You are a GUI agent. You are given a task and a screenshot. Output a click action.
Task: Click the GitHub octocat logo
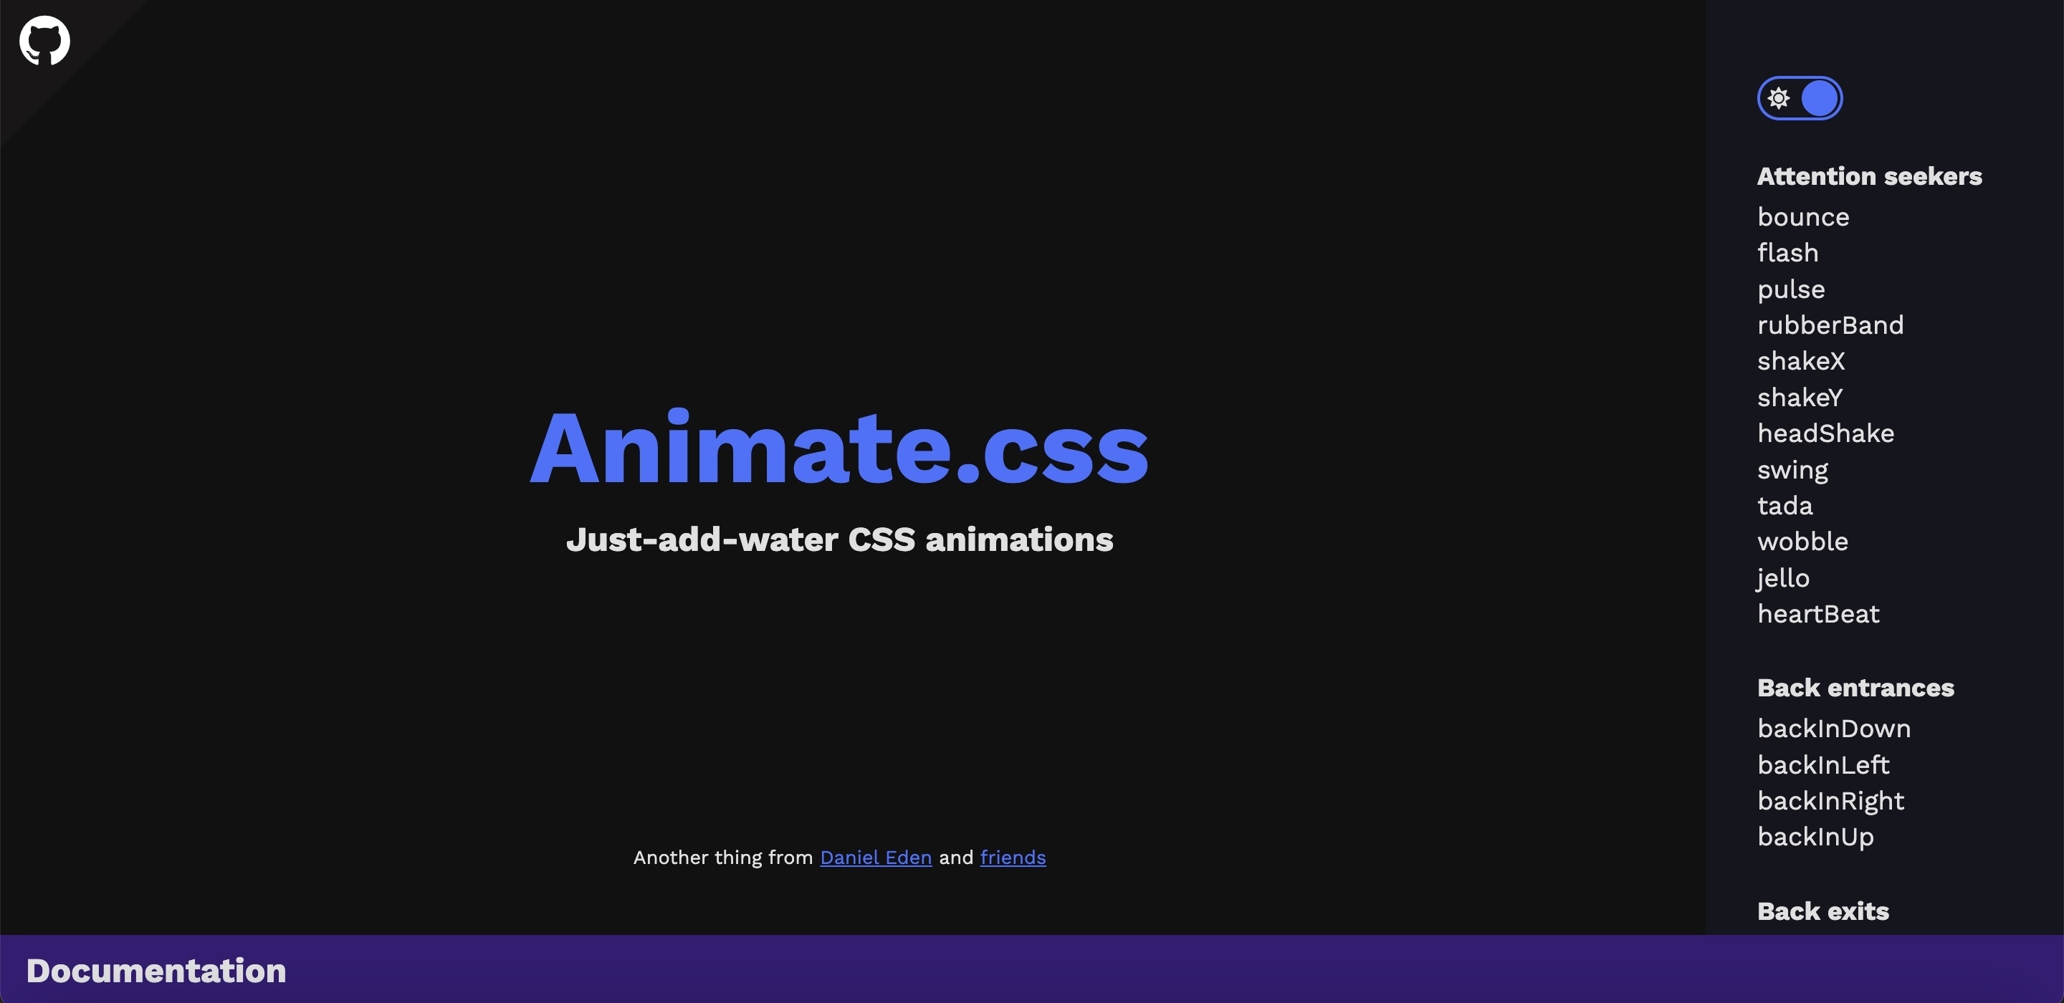(45, 40)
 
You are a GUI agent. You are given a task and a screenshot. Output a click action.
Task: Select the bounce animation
(1803, 217)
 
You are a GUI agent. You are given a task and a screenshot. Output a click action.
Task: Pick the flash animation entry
(1787, 252)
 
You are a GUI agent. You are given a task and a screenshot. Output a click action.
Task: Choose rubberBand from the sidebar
(1830, 325)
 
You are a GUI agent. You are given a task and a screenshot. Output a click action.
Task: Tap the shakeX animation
(1800, 360)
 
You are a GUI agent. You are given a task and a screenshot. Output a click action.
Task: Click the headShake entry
(1825, 433)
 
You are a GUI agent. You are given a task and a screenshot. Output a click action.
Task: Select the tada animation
(1784, 506)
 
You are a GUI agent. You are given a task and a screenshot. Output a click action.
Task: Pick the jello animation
(1783, 578)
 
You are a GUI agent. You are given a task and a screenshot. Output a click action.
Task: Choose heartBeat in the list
(1818, 614)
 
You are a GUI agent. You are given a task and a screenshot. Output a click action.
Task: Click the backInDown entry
(1833, 728)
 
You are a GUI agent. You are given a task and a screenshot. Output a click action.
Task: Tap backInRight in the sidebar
(1830, 800)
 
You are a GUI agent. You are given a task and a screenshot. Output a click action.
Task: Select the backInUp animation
(1815, 836)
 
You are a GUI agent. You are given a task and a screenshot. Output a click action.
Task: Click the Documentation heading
(156, 970)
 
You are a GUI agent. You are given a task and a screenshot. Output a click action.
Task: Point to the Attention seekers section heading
(1869, 176)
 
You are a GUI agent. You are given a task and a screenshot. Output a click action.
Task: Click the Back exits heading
(1822, 911)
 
